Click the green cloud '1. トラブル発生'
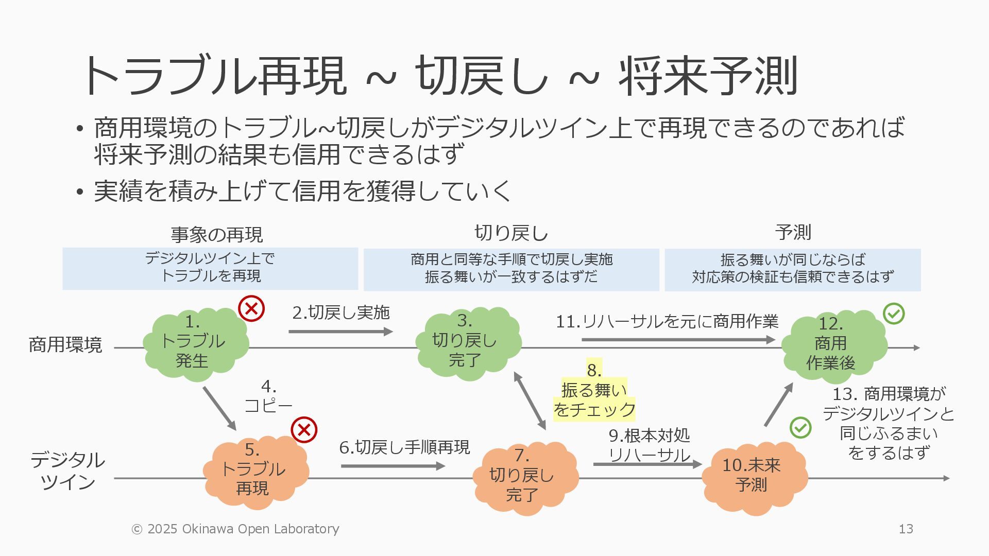(x=195, y=343)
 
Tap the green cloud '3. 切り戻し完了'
(x=468, y=342)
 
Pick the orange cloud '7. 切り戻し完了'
(x=524, y=476)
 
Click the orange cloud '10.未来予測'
(x=754, y=476)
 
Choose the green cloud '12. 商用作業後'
(x=833, y=345)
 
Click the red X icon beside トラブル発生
(x=251, y=309)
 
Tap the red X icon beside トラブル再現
(x=304, y=430)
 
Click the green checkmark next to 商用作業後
(x=894, y=314)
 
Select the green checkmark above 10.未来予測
(x=800, y=427)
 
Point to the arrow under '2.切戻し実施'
(x=340, y=332)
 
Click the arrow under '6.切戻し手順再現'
(x=393, y=466)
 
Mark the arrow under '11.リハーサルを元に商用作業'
(x=678, y=340)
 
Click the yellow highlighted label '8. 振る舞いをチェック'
(x=594, y=391)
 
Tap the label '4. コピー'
(x=268, y=396)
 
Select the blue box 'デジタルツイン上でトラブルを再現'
(x=210, y=268)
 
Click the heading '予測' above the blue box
(x=793, y=233)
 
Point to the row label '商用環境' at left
(x=65, y=344)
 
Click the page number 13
(x=906, y=529)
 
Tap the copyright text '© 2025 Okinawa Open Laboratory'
(x=235, y=529)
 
